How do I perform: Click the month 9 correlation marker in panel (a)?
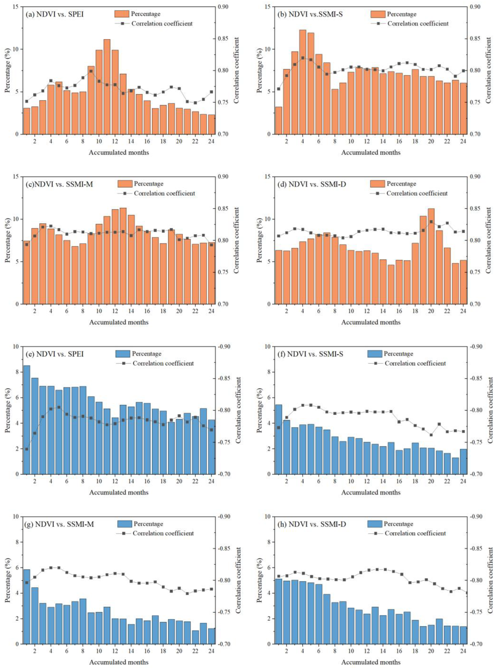click(91, 71)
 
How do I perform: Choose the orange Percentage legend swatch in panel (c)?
click(124, 184)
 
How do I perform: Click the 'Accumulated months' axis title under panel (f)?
click(371, 492)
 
